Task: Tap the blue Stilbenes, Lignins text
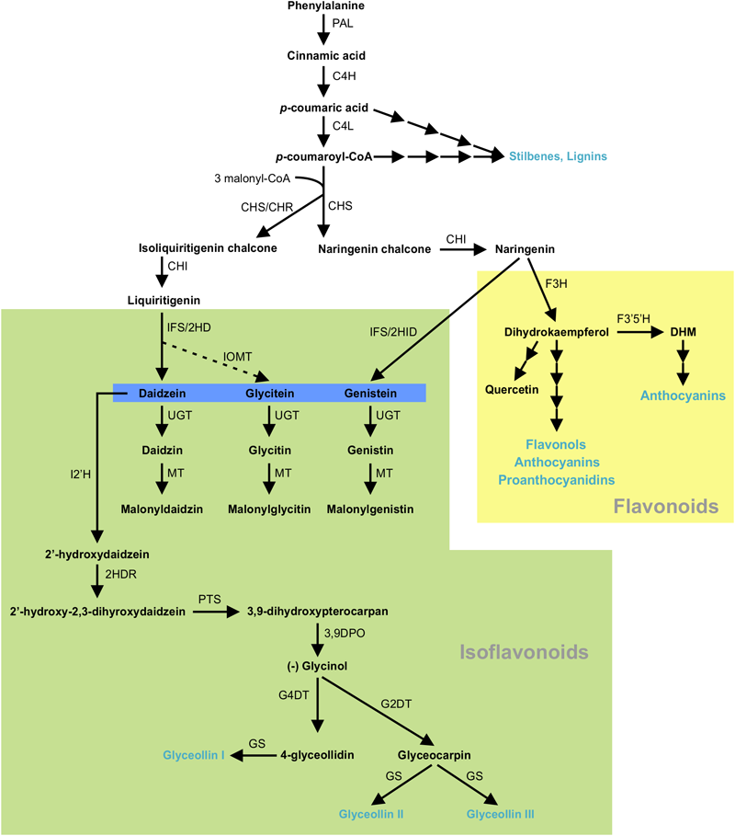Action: click(x=558, y=157)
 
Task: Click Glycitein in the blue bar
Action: click(x=268, y=393)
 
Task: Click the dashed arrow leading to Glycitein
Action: click(x=214, y=360)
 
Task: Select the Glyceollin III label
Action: click(x=500, y=815)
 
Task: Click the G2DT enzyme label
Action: click(x=396, y=705)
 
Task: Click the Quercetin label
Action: click(x=512, y=388)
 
